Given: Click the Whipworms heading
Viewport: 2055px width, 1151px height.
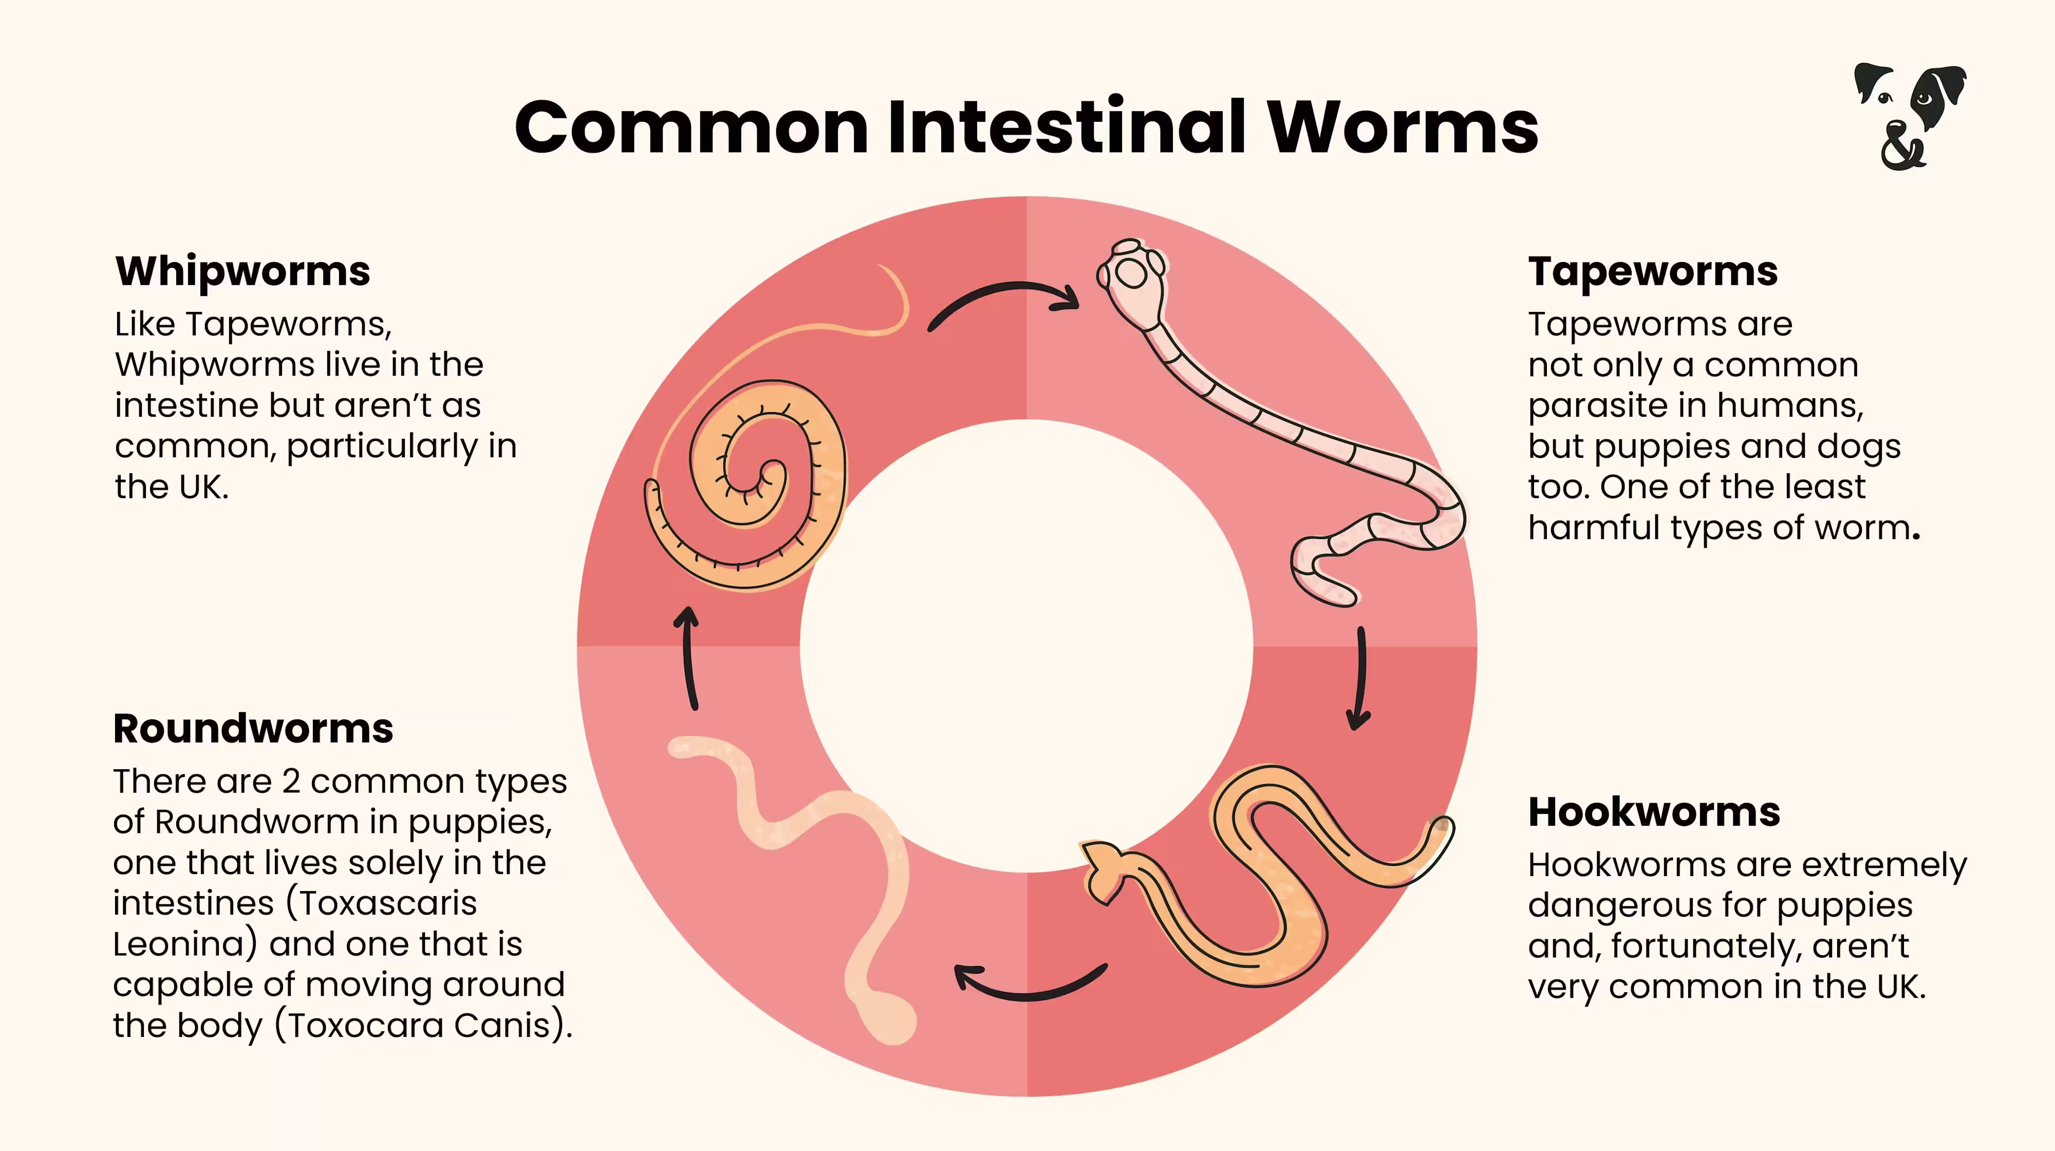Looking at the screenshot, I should [242, 271].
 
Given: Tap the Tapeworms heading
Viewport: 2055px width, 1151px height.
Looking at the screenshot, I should [1652, 271].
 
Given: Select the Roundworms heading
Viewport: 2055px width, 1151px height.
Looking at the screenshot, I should [253, 728].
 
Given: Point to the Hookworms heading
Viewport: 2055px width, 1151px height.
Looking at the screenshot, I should [1654, 812].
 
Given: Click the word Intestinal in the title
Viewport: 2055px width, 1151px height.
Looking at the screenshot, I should [1067, 127].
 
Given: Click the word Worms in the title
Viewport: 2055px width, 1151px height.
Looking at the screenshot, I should [1403, 127].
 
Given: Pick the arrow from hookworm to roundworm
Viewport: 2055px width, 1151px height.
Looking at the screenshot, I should [1029, 985].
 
